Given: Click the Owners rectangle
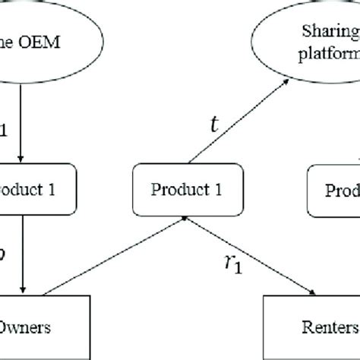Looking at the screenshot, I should point(30,327).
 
